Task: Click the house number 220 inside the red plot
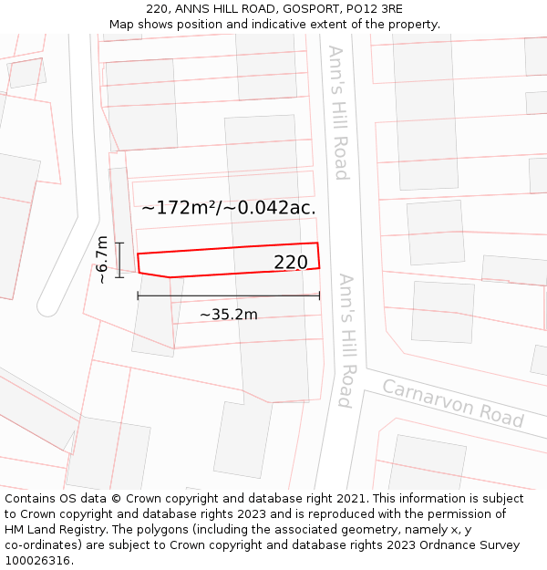(291, 263)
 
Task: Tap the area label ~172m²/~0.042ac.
(229, 207)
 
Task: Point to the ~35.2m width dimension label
(228, 315)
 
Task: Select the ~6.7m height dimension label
(102, 260)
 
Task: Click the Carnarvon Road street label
(452, 402)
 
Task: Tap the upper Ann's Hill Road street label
(338, 112)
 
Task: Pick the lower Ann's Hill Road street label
(346, 339)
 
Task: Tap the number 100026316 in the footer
(37, 561)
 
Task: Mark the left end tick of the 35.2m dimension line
(138, 295)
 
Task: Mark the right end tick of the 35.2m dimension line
(320, 295)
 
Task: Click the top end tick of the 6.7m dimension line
(119, 242)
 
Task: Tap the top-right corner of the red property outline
(317, 243)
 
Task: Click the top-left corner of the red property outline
(137, 254)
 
